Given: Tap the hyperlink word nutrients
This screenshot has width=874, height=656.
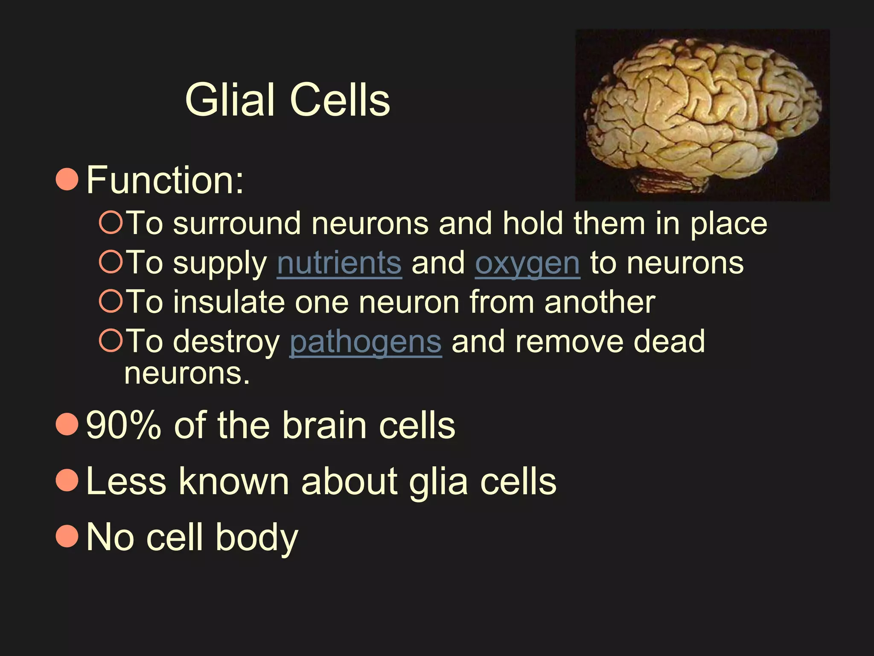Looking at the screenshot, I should tap(339, 263).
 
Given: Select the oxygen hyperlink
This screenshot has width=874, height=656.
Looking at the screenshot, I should tap(527, 264).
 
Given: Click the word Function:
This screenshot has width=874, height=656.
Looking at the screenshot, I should tap(165, 180).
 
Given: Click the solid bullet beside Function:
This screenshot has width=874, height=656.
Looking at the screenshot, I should tap(67, 179).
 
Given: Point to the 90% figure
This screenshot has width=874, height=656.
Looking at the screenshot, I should tap(124, 425).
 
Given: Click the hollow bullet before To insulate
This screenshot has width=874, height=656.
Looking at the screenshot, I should tap(111, 301).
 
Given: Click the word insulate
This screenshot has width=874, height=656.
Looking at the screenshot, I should tap(229, 302).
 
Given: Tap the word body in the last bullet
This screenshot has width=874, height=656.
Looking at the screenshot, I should tap(256, 537).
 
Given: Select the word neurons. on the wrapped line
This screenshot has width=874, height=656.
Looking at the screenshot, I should tap(187, 373).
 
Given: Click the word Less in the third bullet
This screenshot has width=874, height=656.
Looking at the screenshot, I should tap(126, 481).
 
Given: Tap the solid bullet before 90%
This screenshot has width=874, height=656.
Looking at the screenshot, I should tap(67, 424).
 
